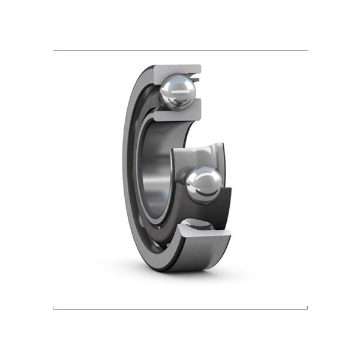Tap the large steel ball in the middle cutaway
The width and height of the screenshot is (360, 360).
203,184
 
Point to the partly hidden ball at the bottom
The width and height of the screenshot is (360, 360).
198,226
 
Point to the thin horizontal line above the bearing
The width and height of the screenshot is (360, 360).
180,51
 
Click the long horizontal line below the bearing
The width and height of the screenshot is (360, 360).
180,309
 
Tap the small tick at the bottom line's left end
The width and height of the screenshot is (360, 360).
53,307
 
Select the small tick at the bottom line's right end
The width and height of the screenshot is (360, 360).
307,307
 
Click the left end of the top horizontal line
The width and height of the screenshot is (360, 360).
54,51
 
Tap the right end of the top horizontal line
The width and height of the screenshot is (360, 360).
307,51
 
